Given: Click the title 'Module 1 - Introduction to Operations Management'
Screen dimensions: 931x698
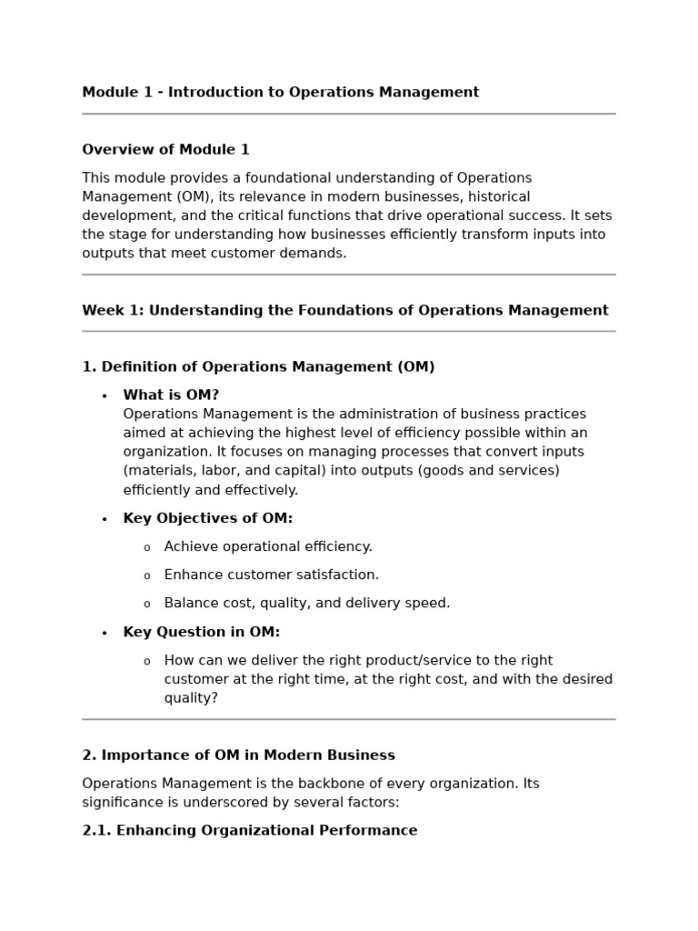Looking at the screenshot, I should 280,92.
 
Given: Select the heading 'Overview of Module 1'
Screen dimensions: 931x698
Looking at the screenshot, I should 165,149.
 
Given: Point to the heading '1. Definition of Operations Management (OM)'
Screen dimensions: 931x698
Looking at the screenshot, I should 258,366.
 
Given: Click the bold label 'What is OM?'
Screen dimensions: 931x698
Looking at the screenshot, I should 171,395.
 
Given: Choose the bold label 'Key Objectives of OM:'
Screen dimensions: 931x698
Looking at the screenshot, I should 208,518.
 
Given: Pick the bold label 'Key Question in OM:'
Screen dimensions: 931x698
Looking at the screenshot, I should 202,632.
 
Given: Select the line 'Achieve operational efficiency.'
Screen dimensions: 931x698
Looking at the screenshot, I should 268,546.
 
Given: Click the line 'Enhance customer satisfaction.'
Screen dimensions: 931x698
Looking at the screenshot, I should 272,575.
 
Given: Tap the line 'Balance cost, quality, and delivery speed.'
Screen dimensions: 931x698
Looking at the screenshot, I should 307,603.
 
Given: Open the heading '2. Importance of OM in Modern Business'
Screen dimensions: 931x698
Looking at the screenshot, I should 238,755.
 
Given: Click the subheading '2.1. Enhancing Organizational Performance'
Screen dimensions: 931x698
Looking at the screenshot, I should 250,830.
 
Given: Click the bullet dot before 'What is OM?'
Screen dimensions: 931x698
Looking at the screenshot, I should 105,396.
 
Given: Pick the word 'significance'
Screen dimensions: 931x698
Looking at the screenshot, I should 123,803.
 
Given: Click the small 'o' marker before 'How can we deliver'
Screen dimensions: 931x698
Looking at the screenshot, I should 146,662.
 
